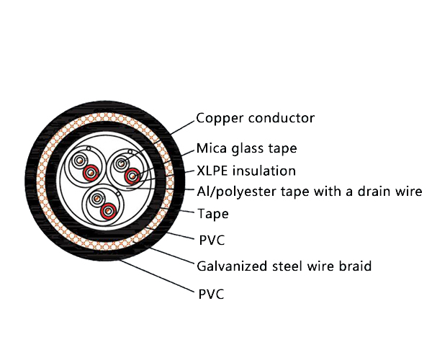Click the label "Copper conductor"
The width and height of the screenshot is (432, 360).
[x=256, y=118]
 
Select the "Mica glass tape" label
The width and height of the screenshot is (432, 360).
[x=247, y=149]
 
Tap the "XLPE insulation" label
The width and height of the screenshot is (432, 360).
[x=246, y=171]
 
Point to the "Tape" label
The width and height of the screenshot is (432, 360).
[x=213, y=213]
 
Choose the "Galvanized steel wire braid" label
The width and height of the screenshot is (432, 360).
[x=284, y=266]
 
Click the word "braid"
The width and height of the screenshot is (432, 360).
[x=354, y=266]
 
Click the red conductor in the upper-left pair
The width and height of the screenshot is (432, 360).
[x=91, y=174]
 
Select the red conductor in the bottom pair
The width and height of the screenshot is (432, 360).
[x=108, y=210]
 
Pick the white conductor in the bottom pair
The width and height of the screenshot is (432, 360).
[x=96, y=197]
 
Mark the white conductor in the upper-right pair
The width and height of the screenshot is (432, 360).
[x=119, y=163]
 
